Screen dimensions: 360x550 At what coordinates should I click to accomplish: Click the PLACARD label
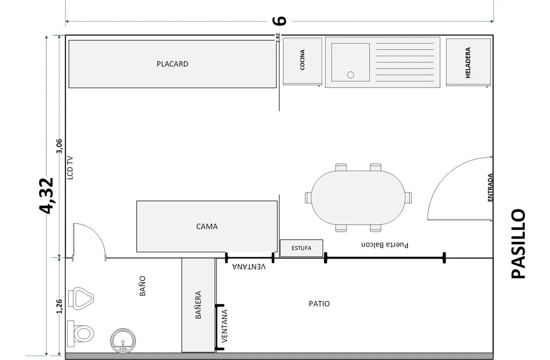click(172, 64)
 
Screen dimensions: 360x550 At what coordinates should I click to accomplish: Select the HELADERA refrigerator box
click(467, 62)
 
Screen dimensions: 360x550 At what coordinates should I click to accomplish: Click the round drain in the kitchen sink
click(351, 75)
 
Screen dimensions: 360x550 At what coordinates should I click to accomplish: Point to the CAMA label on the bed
click(207, 226)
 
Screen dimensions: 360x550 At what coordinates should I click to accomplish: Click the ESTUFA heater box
click(301, 248)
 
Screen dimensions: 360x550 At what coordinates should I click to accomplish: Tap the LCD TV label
click(70, 167)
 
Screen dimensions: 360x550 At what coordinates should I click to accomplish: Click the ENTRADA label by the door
click(490, 188)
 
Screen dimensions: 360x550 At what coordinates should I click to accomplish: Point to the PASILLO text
click(518, 244)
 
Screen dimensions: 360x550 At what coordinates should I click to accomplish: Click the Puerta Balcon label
click(384, 245)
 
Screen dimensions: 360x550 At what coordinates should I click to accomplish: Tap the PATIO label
click(319, 304)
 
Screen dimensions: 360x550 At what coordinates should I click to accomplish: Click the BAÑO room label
click(142, 285)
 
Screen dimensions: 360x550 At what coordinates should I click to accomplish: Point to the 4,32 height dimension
click(47, 195)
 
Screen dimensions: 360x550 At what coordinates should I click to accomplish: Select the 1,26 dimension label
click(59, 307)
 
